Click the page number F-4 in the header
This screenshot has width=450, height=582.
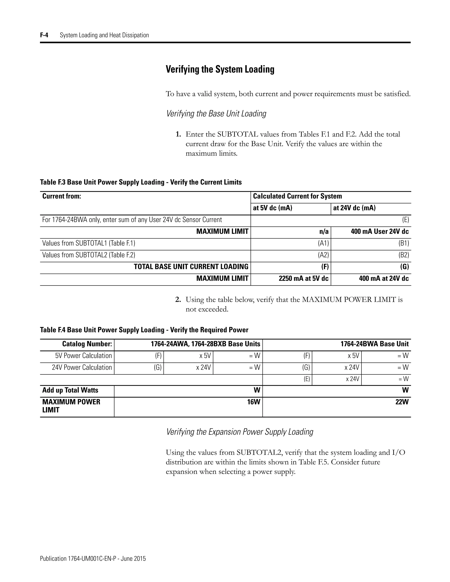click(x=44, y=35)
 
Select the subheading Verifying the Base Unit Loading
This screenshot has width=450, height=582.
click(x=216, y=114)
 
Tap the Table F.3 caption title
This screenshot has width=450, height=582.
click(x=141, y=182)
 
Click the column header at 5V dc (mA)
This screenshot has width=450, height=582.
click(x=272, y=208)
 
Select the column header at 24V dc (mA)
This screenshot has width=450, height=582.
click(x=354, y=208)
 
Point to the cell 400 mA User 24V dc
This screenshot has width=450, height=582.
click(x=380, y=231)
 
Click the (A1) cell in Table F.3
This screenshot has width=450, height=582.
click(x=323, y=243)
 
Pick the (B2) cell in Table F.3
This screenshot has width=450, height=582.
click(x=404, y=255)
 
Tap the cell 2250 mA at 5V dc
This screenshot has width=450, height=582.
click(x=303, y=279)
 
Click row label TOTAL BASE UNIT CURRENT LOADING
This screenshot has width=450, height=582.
click(x=191, y=267)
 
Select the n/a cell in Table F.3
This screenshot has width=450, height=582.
click(x=324, y=231)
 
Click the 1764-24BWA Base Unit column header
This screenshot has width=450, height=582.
click(x=374, y=344)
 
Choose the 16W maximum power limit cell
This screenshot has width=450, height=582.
click(x=253, y=402)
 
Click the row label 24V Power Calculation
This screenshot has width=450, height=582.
click(x=82, y=367)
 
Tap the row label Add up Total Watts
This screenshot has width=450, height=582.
click(x=70, y=390)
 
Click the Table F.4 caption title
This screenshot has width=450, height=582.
click(x=144, y=330)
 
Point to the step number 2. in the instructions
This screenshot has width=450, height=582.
click(x=178, y=300)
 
